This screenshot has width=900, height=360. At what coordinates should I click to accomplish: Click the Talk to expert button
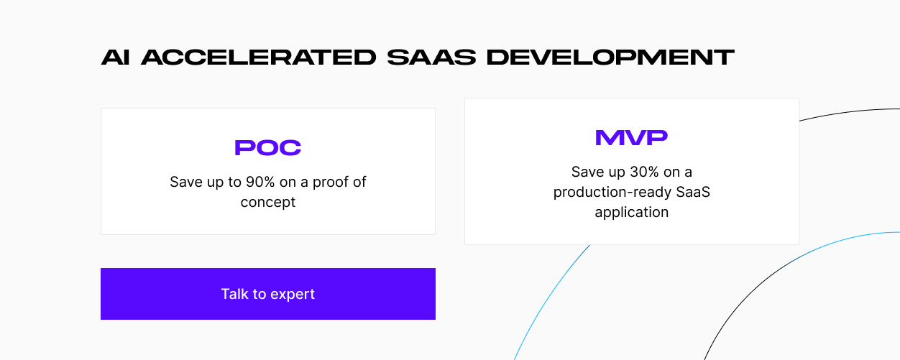coord(268,294)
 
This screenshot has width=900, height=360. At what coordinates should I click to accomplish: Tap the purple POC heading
coord(268,147)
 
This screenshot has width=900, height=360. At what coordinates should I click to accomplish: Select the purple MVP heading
coord(632,137)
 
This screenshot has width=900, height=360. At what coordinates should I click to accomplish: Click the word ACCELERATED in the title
coord(259,57)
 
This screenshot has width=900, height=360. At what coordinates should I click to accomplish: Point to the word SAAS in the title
coord(431,57)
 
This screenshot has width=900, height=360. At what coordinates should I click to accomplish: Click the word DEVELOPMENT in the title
coord(611,57)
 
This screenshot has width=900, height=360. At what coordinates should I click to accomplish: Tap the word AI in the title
coord(115,57)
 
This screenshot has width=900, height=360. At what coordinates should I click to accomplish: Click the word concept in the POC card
coord(268,202)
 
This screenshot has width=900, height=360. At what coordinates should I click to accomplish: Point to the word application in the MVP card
coord(632,212)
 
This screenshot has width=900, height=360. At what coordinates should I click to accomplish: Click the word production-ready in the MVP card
coord(612,193)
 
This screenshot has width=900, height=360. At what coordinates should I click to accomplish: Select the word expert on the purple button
coord(293,295)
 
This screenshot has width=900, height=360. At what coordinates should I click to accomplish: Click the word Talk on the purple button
coord(235,294)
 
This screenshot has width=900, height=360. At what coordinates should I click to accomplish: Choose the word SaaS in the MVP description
coord(693,192)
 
